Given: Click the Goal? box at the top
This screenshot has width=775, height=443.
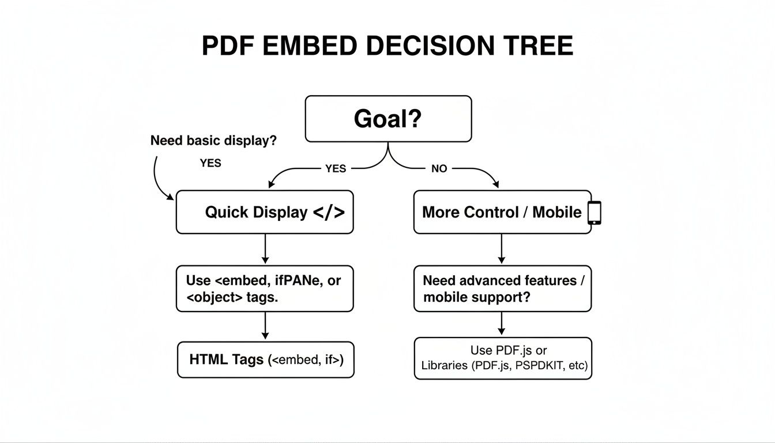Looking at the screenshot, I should (x=388, y=119).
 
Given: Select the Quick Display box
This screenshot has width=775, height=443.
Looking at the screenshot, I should (x=265, y=212).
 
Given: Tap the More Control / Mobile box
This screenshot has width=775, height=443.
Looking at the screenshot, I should (x=502, y=212).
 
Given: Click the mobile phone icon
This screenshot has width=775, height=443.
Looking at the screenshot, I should (x=594, y=212).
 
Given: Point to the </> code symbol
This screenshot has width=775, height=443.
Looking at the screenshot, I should (x=329, y=212).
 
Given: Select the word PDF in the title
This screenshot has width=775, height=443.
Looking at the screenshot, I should (x=227, y=46).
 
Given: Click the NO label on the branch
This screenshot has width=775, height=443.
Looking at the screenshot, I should (x=439, y=168).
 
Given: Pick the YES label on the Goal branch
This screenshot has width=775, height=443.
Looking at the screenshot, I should (x=336, y=168).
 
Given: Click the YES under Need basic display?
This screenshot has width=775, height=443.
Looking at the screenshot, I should (x=210, y=163).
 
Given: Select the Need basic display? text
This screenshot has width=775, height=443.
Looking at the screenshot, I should (x=213, y=140).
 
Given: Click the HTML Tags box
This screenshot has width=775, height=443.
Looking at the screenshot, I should (x=265, y=360).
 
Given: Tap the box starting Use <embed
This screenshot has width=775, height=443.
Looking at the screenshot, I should (x=265, y=288).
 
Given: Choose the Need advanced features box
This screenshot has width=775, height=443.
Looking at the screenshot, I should (x=502, y=288).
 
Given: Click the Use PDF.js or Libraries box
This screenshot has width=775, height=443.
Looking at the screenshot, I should (x=503, y=358).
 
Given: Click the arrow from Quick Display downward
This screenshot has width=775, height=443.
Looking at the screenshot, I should (x=265, y=249).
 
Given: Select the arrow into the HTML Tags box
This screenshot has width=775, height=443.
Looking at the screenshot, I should (x=265, y=326).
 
